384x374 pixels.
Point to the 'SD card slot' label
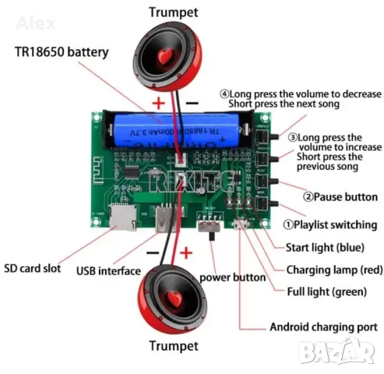37,264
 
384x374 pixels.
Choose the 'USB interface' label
108,271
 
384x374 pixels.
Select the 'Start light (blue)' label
323,248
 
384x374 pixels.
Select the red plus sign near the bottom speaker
186,252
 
